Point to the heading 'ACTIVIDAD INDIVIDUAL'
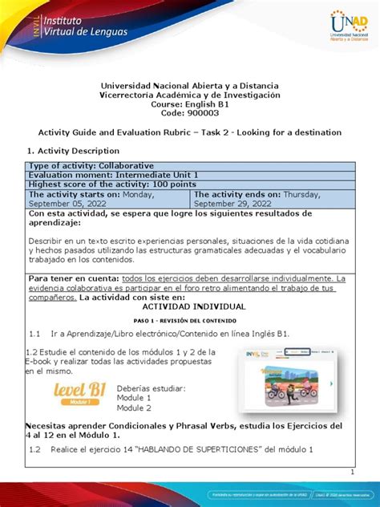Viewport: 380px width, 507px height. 190,306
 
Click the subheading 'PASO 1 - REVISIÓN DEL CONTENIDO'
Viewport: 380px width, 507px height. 190,319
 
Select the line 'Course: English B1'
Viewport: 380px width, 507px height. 190,104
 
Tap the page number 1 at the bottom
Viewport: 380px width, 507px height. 351,472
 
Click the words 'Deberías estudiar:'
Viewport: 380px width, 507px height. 151,387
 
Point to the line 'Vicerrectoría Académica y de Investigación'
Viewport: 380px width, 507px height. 190,95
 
